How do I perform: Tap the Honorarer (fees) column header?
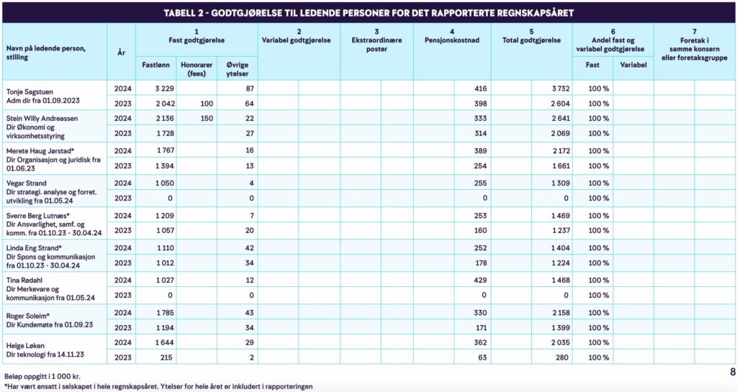click(196, 69)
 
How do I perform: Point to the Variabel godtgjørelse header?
click(298, 40)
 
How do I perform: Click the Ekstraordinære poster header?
click(376, 45)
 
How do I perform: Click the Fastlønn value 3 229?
click(166, 88)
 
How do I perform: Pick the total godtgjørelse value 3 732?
click(559, 88)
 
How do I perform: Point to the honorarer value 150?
click(207, 118)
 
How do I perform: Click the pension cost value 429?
click(480, 280)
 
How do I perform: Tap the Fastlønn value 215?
click(168, 357)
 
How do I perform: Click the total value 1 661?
click(559, 165)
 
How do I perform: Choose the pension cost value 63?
click(482, 357)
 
